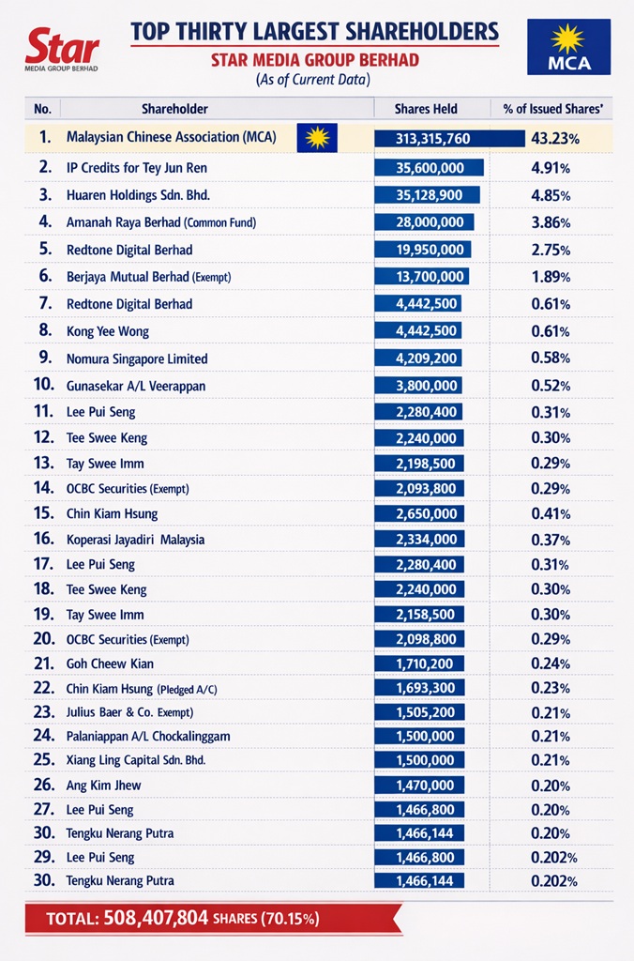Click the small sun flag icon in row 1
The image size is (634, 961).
[317, 138]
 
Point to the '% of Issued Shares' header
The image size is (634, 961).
[551, 109]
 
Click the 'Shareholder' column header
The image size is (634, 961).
[174, 109]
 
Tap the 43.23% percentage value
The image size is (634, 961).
[555, 139]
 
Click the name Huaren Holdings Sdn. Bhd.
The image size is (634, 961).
[138, 195]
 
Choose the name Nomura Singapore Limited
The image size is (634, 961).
[137, 358]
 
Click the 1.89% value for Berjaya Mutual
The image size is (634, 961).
[551, 277]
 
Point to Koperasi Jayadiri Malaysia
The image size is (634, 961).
[135, 540]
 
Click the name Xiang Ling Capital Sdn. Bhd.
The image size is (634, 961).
[136, 759]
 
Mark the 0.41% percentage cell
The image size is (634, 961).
[551, 514]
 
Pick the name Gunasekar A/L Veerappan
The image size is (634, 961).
[136, 386]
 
